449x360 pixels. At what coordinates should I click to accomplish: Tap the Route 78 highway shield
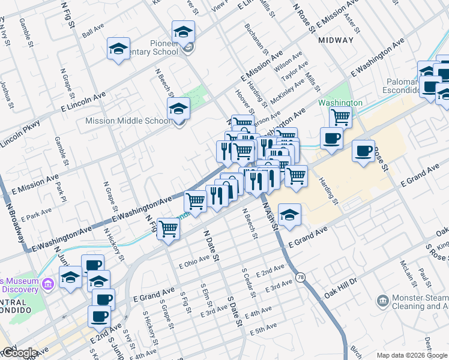[299, 277]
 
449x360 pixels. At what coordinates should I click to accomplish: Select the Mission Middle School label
[128, 121]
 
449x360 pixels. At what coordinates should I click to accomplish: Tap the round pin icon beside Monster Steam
[382, 300]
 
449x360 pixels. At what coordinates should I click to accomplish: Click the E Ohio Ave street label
[194, 259]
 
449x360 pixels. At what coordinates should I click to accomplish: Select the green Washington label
[340, 103]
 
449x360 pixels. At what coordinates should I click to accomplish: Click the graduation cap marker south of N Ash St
[289, 215]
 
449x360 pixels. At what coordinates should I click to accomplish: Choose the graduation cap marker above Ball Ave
[119, 49]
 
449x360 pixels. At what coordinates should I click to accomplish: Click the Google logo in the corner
[19, 353]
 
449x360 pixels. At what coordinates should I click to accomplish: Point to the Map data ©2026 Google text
[412, 355]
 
